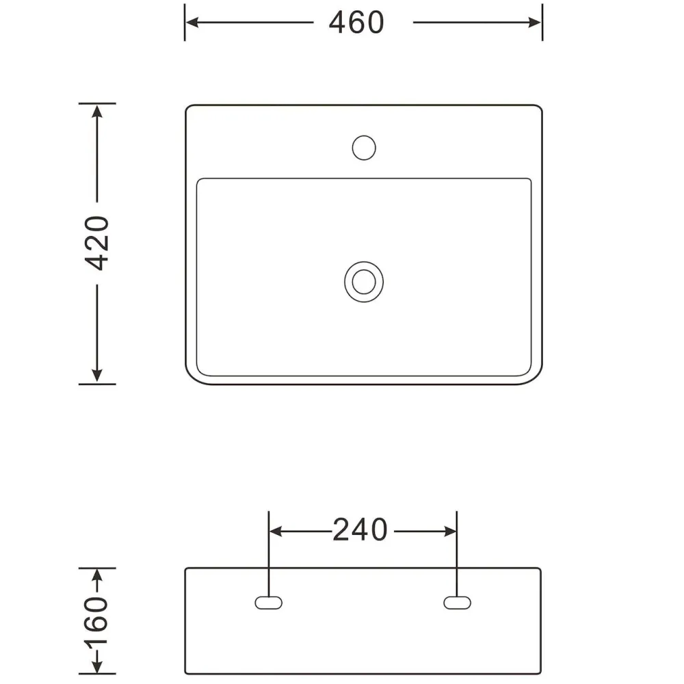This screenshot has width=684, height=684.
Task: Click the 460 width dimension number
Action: click(356, 23)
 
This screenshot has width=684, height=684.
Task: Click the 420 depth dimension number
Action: click(97, 243)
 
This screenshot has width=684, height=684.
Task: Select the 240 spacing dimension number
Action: click(360, 530)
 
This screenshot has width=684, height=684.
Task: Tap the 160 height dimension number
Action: click(96, 621)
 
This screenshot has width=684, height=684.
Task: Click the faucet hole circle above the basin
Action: click(364, 148)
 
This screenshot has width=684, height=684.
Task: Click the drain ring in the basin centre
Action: click(364, 282)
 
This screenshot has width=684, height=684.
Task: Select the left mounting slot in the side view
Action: click(269, 603)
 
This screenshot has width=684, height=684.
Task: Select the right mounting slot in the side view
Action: click(457, 603)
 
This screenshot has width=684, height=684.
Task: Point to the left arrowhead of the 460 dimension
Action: click(193, 23)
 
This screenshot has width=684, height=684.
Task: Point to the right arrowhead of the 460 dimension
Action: click(534, 23)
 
